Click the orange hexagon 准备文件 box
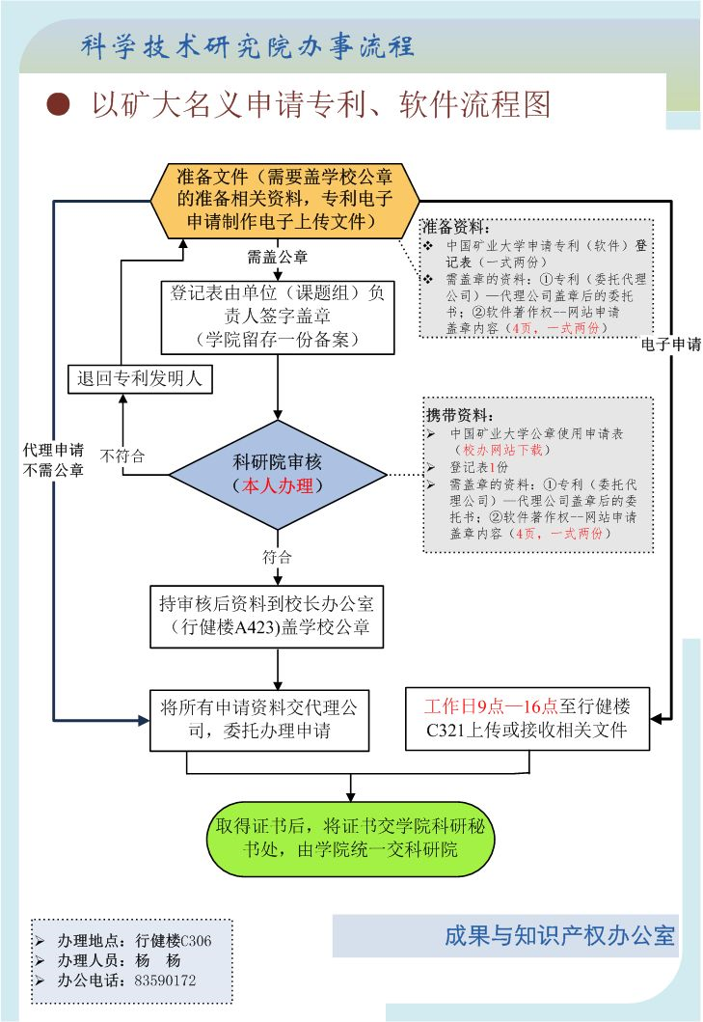pyautogui.click(x=284, y=201)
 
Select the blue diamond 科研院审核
pyautogui.click(x=278, y=474)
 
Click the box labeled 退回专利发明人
pyautogui.click(x=139, y=378)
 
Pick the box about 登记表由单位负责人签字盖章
pyautogui.click(x=278, y=317)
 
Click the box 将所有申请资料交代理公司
pyautogui.click(x=258, y=719)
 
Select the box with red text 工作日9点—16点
pyautogui.click(x=527, y=719)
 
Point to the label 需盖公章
pyautogui.click(x=278, y=257)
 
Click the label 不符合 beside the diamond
pyautogui.click(x=122, y=456)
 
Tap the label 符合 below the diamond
pyautogui.click(x=278, y=557)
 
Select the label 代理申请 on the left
pyautogui.click(x=53, y=450)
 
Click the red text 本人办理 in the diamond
pyautogui.click(x=278, y=486)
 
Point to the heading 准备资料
pyautogui.click(x=457, y=229)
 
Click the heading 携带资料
pyautogui.click(x=459, y=416)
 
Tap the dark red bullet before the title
pyautogui.click(x=60, y=104)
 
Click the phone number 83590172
pyautogui.click(x=165, y=981)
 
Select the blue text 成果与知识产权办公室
pyautogui.click(x=559, y=935)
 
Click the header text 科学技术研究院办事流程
pyautogui.click(x=248, y=45)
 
